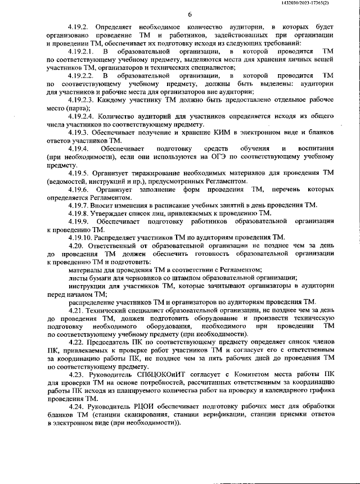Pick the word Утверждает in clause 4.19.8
pyautogui.click(x=117, y=214)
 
